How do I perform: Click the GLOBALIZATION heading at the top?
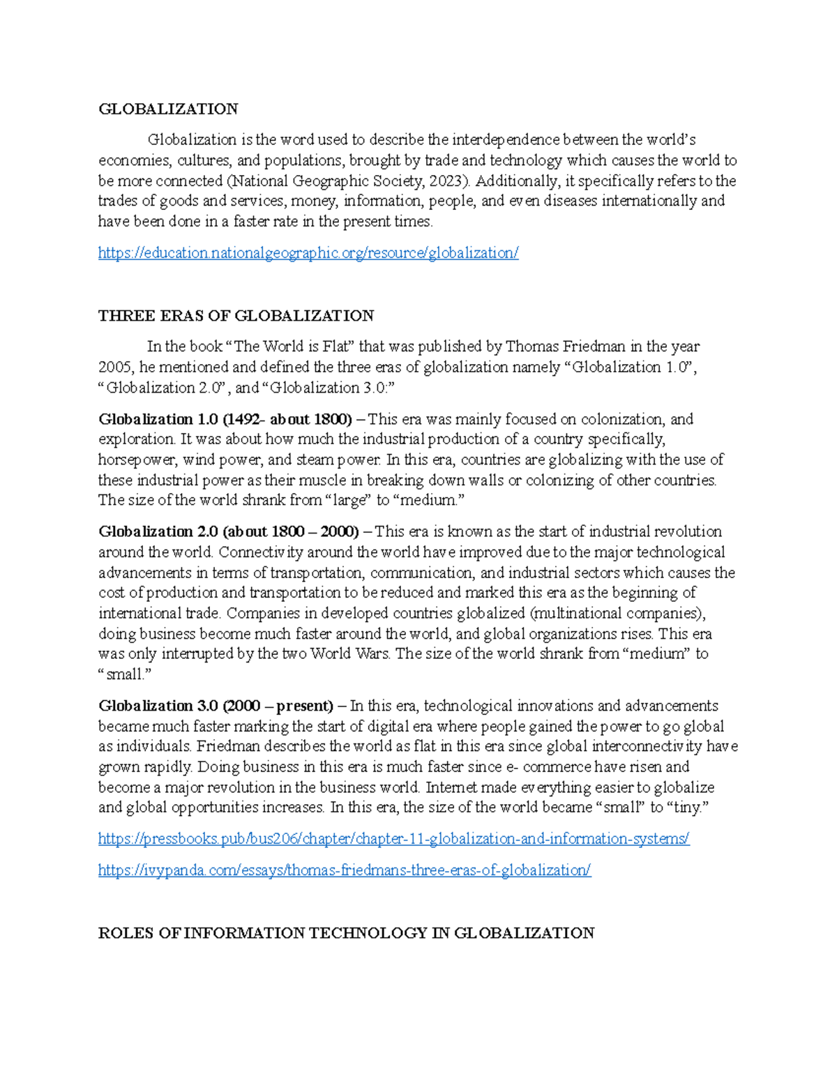point(168,109)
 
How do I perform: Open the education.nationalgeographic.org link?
point(308,253)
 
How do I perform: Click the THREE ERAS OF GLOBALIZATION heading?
point(236,316)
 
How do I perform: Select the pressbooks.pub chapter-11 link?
point(393,839)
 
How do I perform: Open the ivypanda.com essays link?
point(345,870)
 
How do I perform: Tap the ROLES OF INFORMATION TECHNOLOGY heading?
point(346,933)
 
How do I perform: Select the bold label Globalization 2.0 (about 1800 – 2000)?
point(229,531)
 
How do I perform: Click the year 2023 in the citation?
point(445,181)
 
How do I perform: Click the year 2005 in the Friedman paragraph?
point(114,368)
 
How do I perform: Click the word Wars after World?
point(372,654)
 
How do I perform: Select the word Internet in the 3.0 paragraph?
point(451,787)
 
